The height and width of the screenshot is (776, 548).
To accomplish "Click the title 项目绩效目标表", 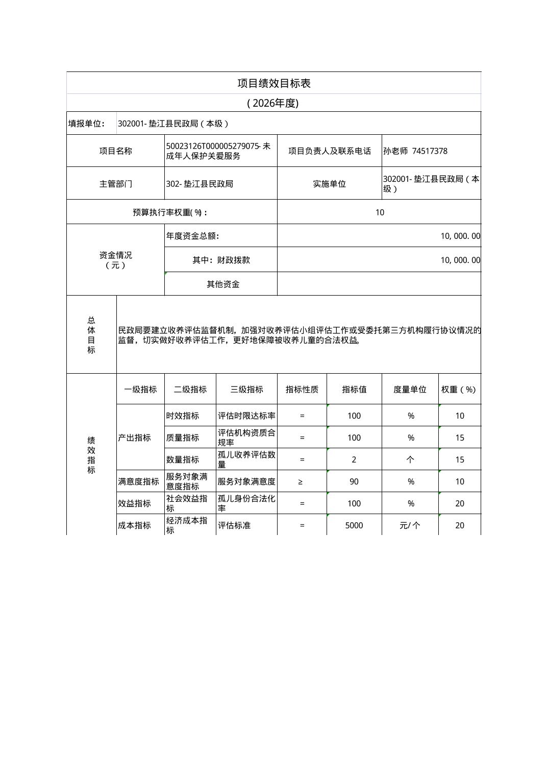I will [273, 83].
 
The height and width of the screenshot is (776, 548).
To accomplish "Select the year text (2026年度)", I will [273, 103].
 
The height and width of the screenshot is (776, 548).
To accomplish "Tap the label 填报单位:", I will [86, 124].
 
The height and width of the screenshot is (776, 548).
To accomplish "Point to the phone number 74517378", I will [430, 151].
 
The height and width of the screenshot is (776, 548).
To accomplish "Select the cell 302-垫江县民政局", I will [200, 184].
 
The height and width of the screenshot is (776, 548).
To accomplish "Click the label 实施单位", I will [329, 184].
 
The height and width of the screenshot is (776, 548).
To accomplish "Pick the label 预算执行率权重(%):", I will [170, 212].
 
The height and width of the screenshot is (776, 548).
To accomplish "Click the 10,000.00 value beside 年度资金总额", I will [460, 236].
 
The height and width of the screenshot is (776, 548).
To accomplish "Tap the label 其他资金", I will [223, 284].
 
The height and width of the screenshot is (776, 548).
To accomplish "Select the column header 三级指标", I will [246, 390].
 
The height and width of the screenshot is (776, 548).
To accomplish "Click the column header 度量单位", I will [410, 390].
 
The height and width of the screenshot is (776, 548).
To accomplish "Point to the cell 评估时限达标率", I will [246, 416].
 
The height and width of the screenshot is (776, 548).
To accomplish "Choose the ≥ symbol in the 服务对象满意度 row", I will [301, 481].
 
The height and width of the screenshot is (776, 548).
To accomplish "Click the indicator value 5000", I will [354, 525].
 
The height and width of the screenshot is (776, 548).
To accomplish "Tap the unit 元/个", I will [410, 525].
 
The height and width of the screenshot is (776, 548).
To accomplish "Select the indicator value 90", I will [354, 481].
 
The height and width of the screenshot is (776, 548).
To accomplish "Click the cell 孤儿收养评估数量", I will [246, 459].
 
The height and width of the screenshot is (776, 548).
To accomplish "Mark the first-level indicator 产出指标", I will [135, 438].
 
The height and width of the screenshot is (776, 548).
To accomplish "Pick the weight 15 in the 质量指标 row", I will [460, 438].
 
